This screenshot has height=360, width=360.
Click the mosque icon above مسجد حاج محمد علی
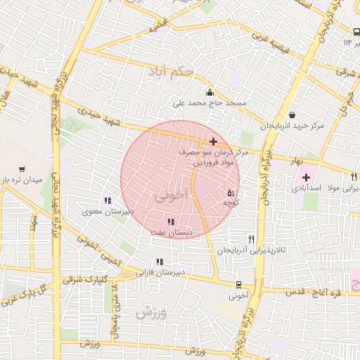(x=209, y=92)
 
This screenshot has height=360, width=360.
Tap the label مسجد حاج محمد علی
(x=211, y=103)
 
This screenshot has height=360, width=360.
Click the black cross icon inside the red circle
(x=213, y=141)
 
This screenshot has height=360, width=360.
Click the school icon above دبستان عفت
(x=171, y=221)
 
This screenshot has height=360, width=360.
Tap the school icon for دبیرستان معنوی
(x=108, y=200)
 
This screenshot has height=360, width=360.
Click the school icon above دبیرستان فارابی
(x=160, y=261)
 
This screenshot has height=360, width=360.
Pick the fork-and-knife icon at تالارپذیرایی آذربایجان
(x=251, y=239)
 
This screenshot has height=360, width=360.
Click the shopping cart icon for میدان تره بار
(x=24, y=169)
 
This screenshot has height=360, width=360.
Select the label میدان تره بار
(x=23, y=181)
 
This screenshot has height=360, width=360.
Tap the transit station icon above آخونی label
(x=238, y=285)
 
